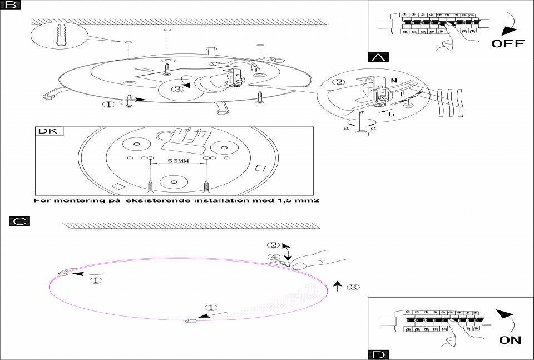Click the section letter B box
(11, 6)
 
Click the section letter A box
(379, 56)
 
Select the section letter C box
(19, 221)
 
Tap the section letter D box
(378, 354)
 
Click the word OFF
(507, 43)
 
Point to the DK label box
(50, 132)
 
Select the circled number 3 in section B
(177, 89)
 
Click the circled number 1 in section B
(109, 103)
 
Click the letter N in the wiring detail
(393, 81)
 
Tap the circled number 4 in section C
(272, 257)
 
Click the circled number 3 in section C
(353, 287)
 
